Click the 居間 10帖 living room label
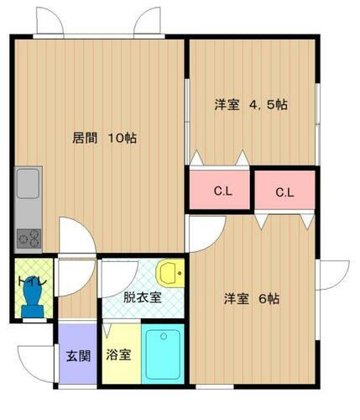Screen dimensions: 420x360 coord(103,138)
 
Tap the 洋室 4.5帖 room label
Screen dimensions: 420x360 coord(251,105)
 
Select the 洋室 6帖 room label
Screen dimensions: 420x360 coord(251,299)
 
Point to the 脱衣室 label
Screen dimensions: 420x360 coord(142,297)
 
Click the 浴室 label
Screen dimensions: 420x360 coord(118,354)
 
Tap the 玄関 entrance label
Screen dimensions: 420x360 coord(78,354)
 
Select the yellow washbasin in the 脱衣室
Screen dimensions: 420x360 coord(169,272)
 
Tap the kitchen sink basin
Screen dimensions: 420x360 coord(28,183)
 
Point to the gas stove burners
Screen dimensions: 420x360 coord(28,237)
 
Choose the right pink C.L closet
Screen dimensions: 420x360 coord(285,192)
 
